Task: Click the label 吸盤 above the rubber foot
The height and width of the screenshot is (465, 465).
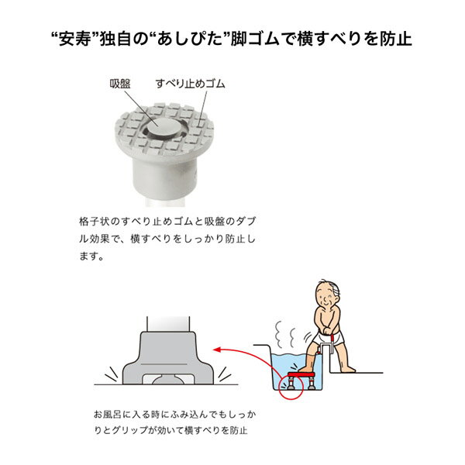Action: click(120, 84)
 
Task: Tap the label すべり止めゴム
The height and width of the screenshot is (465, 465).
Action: click(191, 84)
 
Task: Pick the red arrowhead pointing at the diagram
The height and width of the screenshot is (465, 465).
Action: click(217, 350)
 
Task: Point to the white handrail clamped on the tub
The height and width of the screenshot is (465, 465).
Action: click(326, 347)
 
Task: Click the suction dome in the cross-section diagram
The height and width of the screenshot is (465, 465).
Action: click(168, 381)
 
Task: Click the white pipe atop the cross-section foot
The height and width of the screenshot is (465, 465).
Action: click(168, 324)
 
